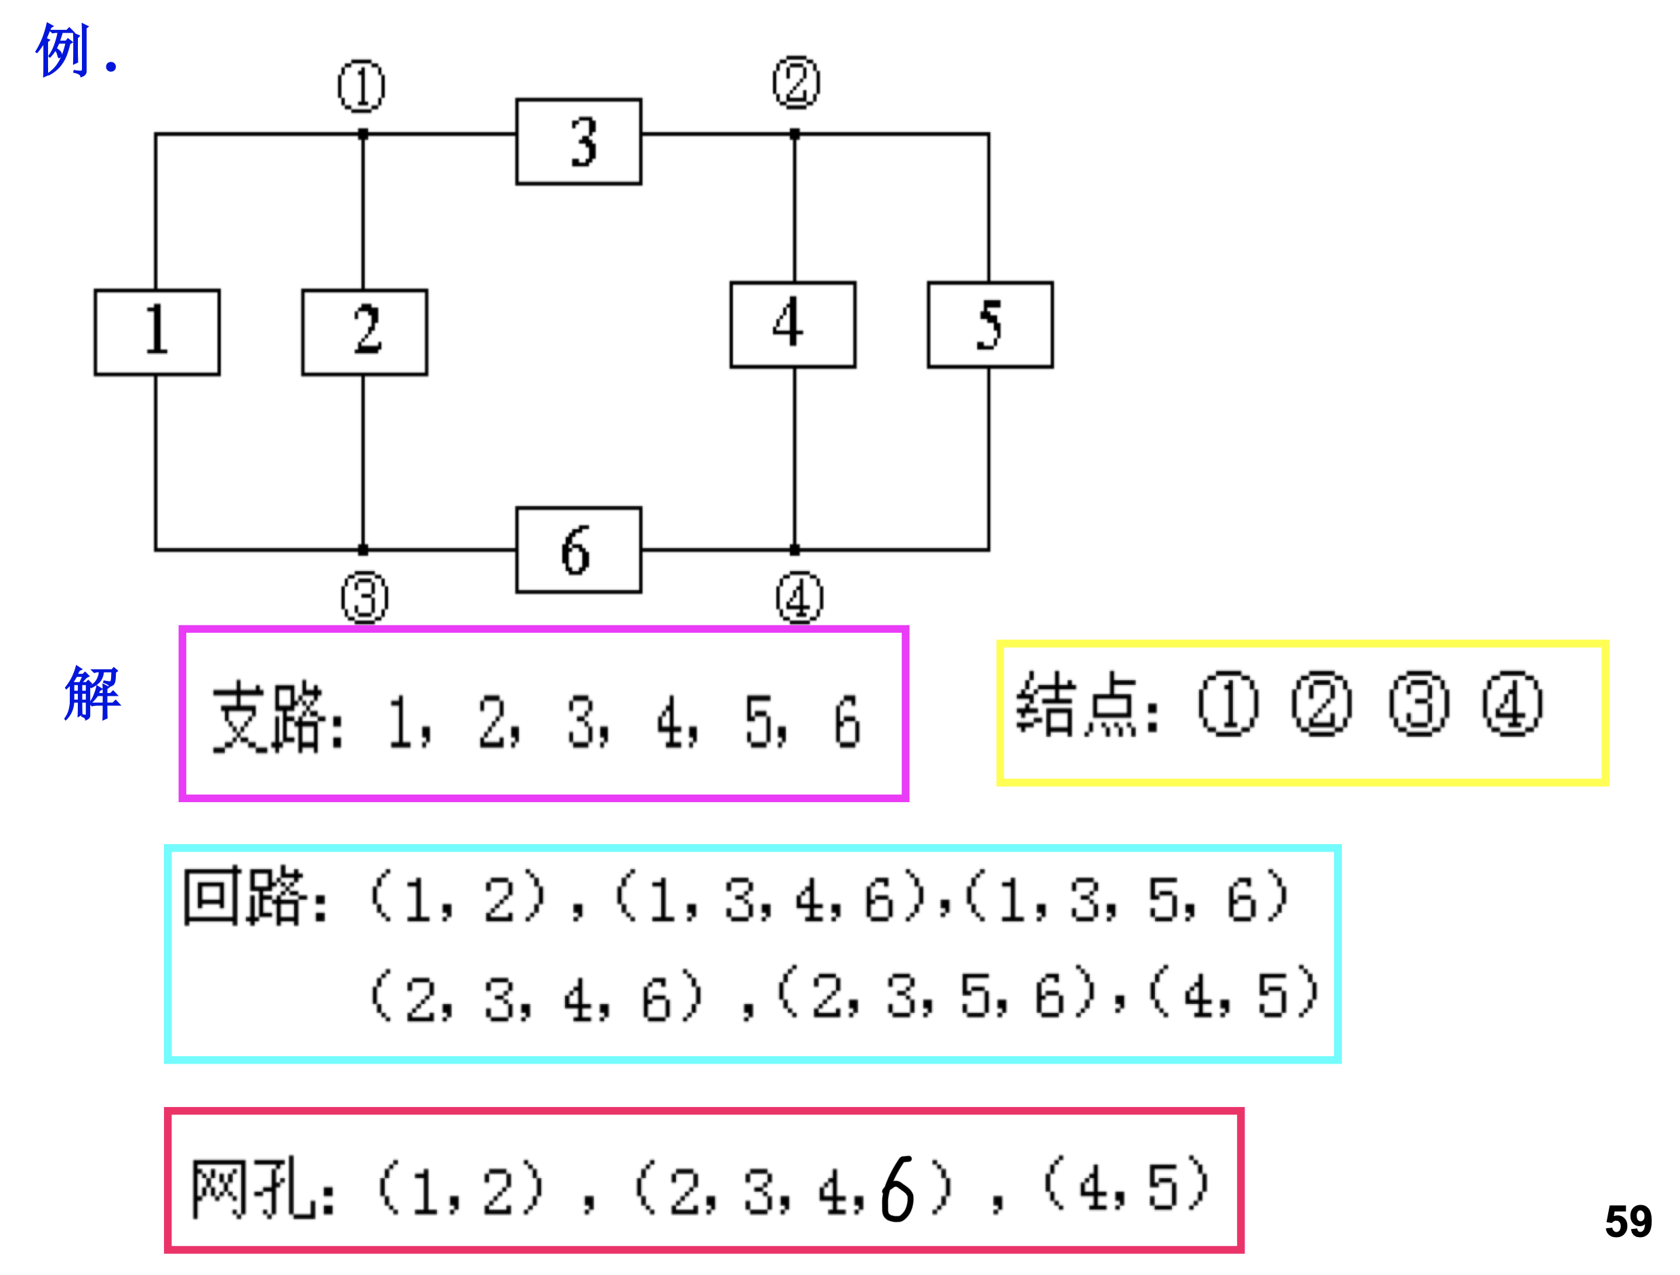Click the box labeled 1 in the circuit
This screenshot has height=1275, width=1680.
coord(157,332)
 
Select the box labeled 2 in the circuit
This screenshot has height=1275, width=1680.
coord(364,332)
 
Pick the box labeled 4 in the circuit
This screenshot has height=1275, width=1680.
coord(793,325)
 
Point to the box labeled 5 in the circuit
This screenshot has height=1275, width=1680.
coord(990,325)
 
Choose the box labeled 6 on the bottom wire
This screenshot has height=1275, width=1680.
coord(579,551)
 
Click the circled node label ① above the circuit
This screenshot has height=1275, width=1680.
coord(362,86)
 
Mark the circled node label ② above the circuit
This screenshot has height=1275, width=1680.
coord(797,82)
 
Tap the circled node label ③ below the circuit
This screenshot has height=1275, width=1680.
coord(364,598)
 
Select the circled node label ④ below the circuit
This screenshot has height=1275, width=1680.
coord(799,598)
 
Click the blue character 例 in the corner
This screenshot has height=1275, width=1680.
coord(64,50)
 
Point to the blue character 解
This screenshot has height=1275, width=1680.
coord(93,692)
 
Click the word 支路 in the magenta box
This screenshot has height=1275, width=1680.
coord(270,717)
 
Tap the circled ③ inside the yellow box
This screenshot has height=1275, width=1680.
coord(1419,704)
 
